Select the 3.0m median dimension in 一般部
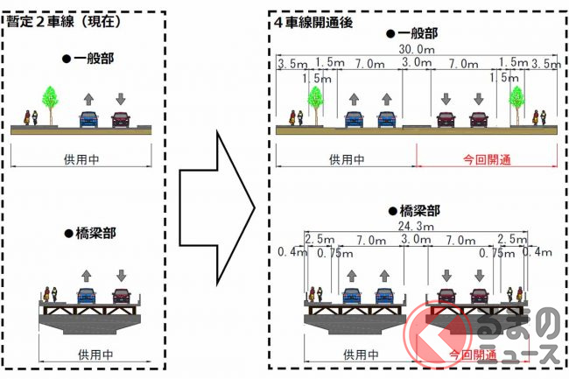[414, 64]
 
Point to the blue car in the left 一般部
[88, 119]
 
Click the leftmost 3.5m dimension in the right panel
[290, 64]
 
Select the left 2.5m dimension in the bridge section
[318, 239]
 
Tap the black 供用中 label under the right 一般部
[346, 160]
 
